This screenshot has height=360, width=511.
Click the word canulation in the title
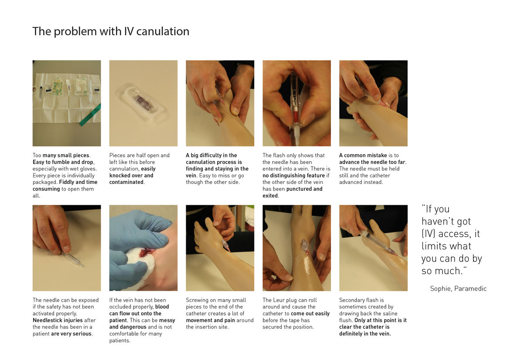tap(163, 31)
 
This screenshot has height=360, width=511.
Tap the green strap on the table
tap(91, 115)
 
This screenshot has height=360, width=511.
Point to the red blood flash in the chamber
tap(295, 116)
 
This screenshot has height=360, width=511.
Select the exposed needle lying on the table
tap(74, 259)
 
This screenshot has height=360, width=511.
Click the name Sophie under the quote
tap(440, 289)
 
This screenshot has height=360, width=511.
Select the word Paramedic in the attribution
tap(470, 289)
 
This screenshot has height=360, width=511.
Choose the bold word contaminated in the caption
tap(126, 182)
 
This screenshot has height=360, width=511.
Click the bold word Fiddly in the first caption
tap(66, 182)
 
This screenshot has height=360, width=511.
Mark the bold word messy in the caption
tap(167, 320)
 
